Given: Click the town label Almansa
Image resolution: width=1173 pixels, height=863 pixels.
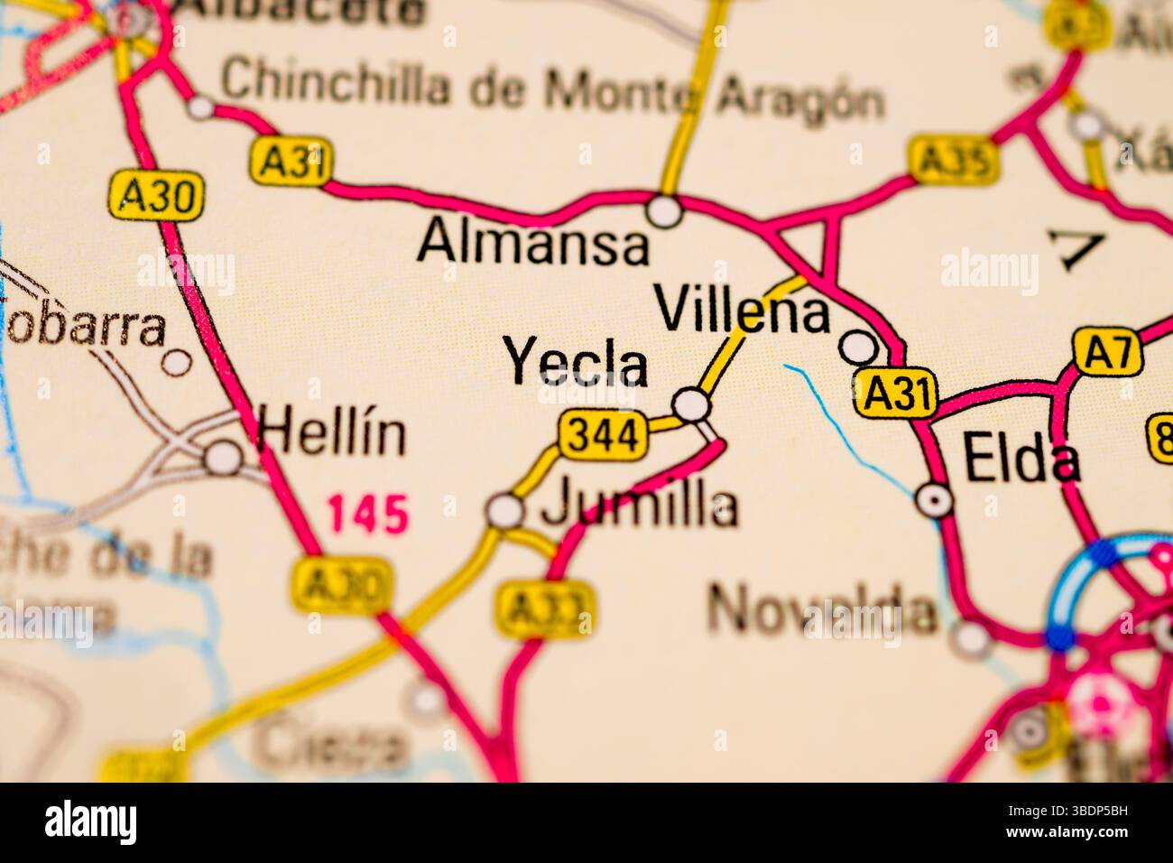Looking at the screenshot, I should (533, 242).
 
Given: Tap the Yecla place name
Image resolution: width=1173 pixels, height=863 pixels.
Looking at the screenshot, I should (577, 362).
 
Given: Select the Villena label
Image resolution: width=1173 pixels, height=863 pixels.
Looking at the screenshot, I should (743, 310).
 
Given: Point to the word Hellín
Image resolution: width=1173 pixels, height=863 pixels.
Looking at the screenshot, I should (331, 433).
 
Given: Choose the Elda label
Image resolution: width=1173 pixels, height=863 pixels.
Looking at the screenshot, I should (1021, 459).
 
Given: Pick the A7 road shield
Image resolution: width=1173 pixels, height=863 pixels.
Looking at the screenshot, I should (1107, 351).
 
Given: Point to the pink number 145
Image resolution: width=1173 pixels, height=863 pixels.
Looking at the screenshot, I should (367, 514).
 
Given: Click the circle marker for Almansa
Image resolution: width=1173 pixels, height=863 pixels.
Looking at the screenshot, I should (666, 211).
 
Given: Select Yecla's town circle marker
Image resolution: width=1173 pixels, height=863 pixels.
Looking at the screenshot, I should (692, 404).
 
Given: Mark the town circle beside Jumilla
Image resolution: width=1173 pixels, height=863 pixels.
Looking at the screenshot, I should (504, 511).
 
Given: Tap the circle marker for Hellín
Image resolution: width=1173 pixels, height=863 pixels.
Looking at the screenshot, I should (222, 457).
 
